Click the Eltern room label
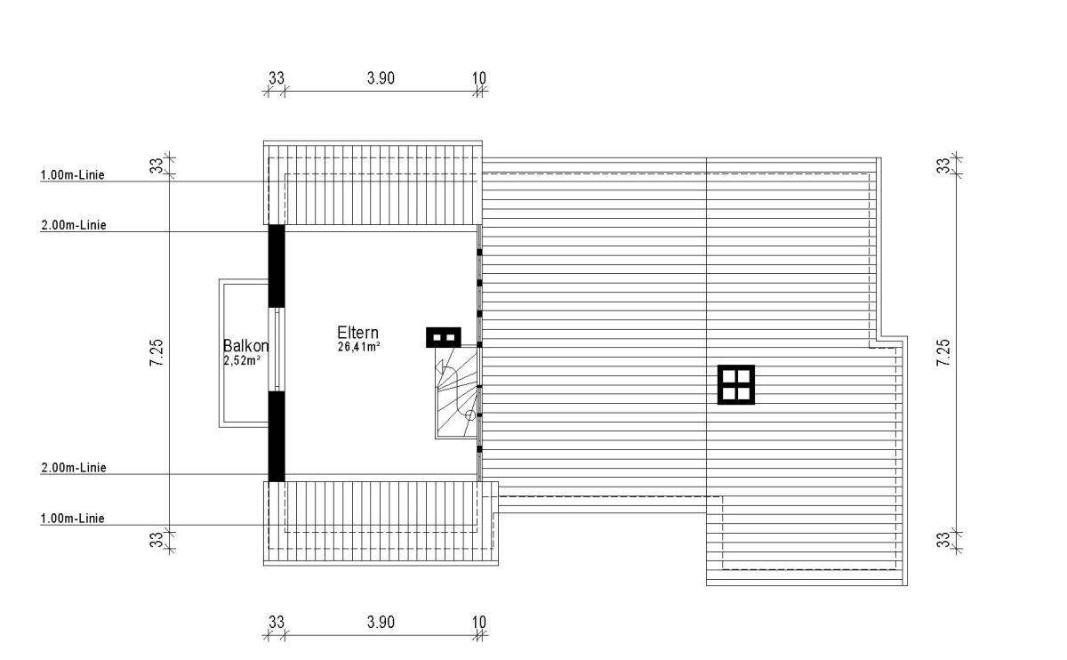(x=357, y=332)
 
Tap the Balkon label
(x=245, y=346)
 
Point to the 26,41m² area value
(x=358, y=347)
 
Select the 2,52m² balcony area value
(x=242, y=360)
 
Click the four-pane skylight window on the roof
(x=736, y=384)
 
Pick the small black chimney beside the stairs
(x=443, y=337)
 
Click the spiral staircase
(x=458, y=391)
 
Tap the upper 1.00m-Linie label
(x=73, y=175)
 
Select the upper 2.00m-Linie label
(x=74, y=226)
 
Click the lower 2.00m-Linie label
(x=74, y=468)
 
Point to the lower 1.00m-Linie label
(x=73, y=519)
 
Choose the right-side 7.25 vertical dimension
(x=943, y=354)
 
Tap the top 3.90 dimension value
(x=381, y=78)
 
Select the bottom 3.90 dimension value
(x=381, y=623)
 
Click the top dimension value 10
(x=479, y=78)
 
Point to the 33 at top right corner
(x=943, y=165)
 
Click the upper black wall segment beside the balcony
(x=277, y=265)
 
